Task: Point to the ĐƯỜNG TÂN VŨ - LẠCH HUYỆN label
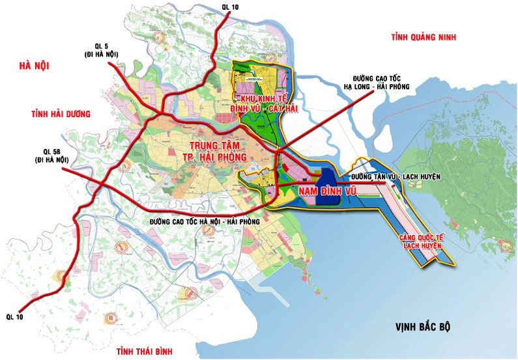point(395,177)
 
